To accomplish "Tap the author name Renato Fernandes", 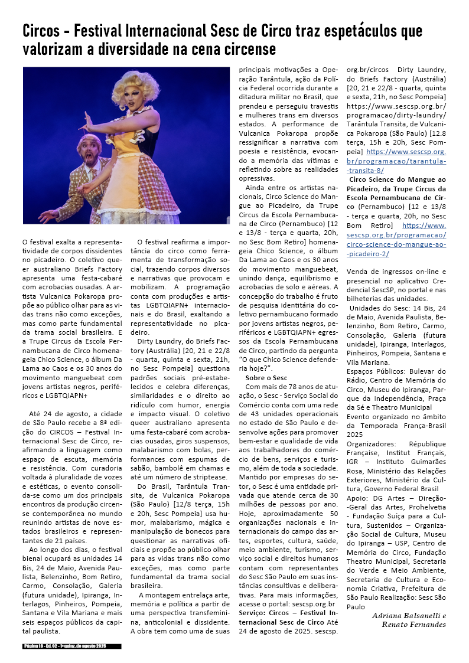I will click(413, 625).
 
